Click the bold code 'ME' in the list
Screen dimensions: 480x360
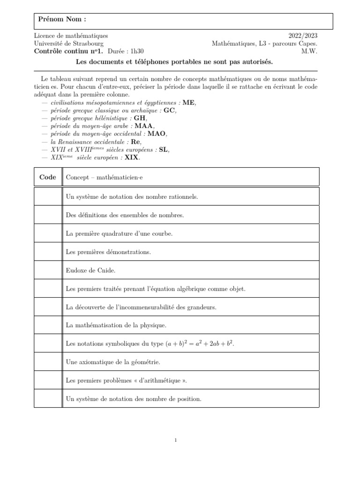click(188, 103)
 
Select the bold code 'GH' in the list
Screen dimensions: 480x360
click(140, 118)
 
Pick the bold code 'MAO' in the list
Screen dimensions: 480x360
click(157, 134)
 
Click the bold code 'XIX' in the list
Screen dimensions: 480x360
click(131, 157)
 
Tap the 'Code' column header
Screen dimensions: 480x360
click(48, 177)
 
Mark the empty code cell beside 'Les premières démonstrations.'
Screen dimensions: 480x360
click(48, 252)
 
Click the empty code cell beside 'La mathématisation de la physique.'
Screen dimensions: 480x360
click(48, 325)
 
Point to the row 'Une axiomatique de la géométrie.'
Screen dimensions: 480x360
click(113, 362)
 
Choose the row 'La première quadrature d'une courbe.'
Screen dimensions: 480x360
click(119, 233)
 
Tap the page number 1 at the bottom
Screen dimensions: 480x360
click(175, 440)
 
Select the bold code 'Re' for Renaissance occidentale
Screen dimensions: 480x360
click(135, 142)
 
